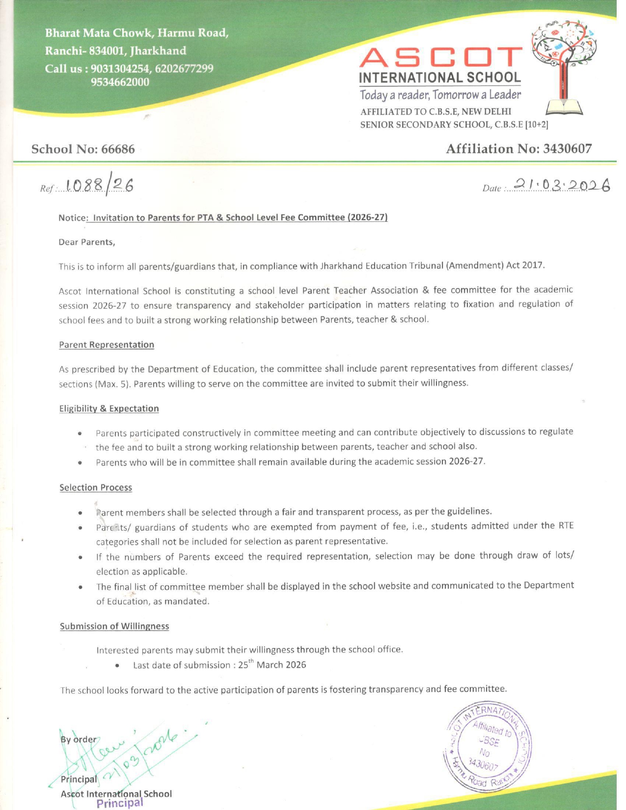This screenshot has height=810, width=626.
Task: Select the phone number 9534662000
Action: coord(120,82)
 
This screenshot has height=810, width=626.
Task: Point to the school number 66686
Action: coord(118,149)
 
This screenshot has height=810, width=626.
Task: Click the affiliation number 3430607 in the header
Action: coord(567,149)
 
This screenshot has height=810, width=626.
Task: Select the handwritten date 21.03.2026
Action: coord(560,185)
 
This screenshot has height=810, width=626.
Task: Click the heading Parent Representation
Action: coord(107,345)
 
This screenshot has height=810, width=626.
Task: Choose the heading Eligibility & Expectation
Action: coord(109,408)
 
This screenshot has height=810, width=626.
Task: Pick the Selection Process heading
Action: coord(96,487)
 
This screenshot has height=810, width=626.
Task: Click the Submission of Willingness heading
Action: coord(114,626)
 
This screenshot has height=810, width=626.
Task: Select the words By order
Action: coord(79,739)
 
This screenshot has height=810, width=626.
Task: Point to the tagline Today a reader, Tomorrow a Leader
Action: coord(440,94)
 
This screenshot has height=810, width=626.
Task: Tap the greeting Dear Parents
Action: coord(87,242)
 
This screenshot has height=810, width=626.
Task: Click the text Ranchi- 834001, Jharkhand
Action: coord(116,51)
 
